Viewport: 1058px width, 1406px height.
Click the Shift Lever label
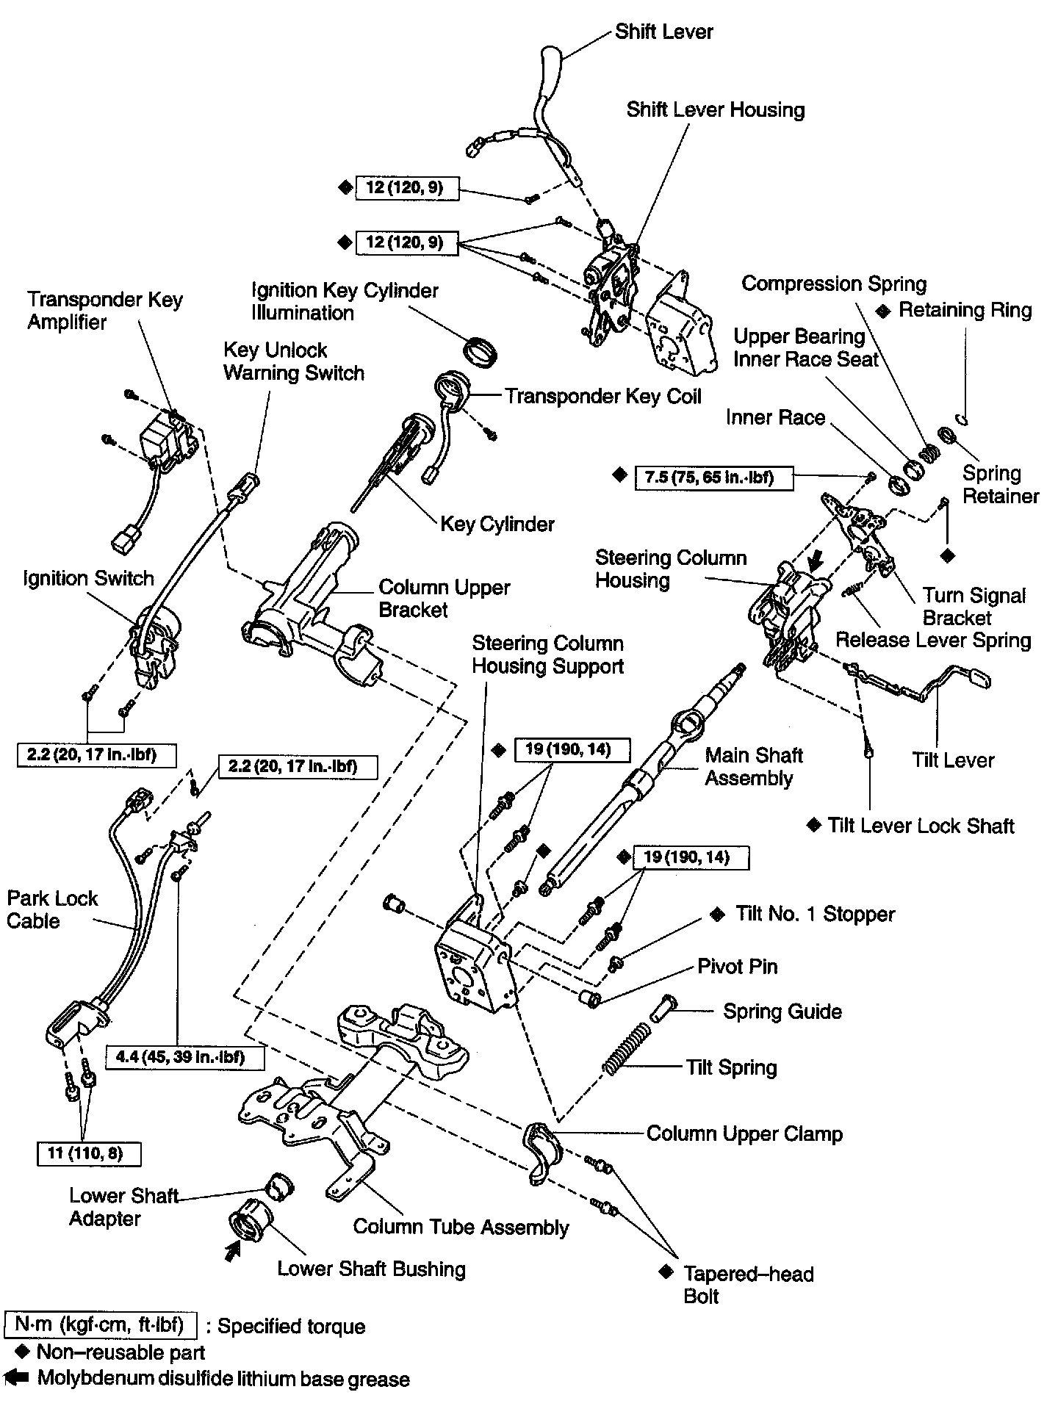coord(663,32)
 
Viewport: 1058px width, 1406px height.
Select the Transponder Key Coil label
coord(602,397)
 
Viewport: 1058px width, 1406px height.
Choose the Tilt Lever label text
coord(953,760)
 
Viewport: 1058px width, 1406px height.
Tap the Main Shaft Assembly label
coord(753,766)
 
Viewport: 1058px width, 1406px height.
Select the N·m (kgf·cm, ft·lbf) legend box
coord(101,1325)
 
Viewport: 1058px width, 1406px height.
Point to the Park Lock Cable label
coord(51,909)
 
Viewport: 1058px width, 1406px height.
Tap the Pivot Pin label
coord(737,967)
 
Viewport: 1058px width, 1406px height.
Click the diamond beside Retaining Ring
coord(884,311)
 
